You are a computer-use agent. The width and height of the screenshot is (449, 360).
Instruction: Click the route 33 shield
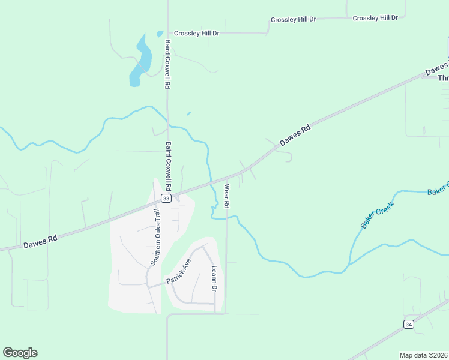[x=166, y=198]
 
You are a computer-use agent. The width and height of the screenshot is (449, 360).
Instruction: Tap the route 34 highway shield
[x=409, y=324]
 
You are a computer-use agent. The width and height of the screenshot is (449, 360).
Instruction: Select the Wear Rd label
[x=228, y=197]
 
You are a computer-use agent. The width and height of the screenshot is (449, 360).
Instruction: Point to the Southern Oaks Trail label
[x=156, y=238]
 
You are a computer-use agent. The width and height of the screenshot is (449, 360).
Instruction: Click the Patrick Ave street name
[x=179, y=272]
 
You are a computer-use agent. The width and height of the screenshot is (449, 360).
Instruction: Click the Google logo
[x=20, y=352]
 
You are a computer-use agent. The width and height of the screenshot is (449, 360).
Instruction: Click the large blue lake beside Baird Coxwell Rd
[x=142, y=61]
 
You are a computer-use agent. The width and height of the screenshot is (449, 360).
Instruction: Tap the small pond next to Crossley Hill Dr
[x=160, y=34]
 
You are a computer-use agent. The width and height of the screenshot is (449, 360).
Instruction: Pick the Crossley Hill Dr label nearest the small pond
[x=197, y=34]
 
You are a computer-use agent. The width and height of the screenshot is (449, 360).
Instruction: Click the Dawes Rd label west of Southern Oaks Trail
[x=40, y=241]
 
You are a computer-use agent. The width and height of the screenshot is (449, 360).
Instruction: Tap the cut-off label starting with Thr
[x=443, y=79]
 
